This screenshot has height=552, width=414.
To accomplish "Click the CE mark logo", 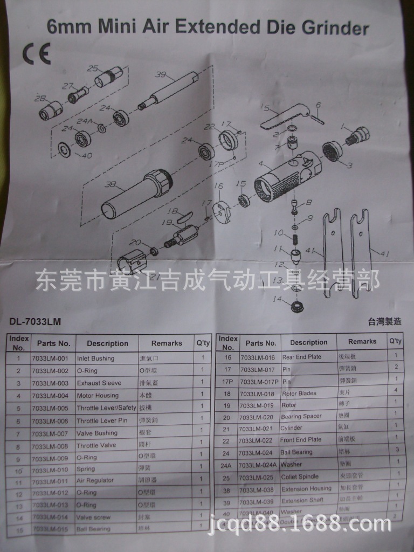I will (x=36, y=54).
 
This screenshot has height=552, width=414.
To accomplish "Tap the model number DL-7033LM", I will (x=35, y=322).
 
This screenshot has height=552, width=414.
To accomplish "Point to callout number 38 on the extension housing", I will (x=111, y=185).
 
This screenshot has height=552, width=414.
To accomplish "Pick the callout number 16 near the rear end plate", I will (x=218, y=187).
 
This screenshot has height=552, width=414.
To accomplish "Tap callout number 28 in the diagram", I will (x=40, y=98).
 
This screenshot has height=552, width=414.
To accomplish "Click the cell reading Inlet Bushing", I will (x=95, y=358).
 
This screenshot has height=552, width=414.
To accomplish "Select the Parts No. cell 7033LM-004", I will (x=50, y=396).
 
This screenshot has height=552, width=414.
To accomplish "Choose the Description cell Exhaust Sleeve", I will (x=99, y=383).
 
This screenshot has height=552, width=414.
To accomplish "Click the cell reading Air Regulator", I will (x=95, y=481).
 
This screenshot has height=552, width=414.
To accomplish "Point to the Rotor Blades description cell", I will (x=300, y=394).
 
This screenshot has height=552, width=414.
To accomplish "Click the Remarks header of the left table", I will (x=167, y=343).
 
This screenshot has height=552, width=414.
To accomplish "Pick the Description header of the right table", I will (x=308, y=342).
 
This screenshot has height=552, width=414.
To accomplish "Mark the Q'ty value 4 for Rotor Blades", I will (x=396, y=390).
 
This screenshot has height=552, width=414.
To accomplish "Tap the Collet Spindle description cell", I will (x=300, y=477).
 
